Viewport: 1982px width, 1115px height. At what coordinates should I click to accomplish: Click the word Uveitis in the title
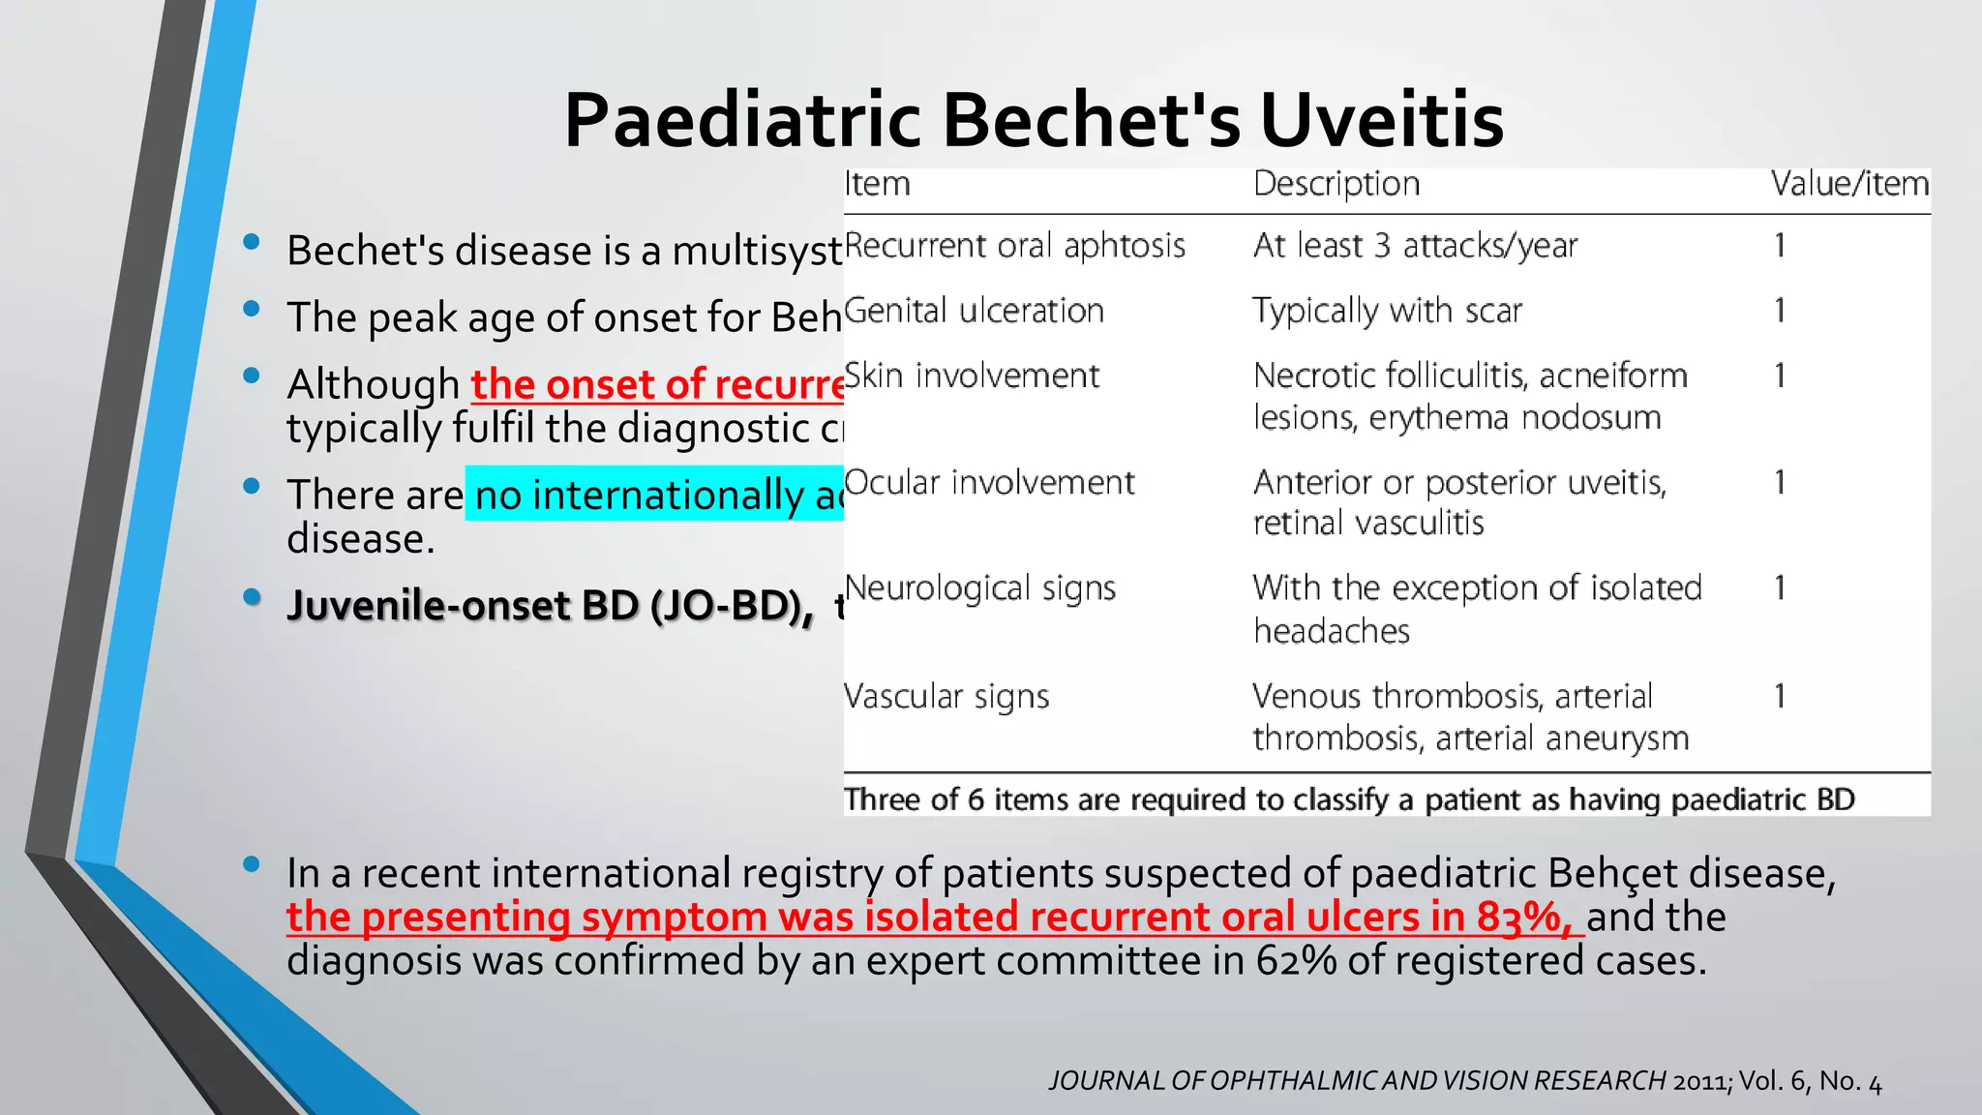1381,120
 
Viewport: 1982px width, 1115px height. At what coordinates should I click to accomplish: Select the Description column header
1336,184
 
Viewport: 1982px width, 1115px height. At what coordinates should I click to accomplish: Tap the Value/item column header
1849,184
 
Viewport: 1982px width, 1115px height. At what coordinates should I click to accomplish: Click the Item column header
877,184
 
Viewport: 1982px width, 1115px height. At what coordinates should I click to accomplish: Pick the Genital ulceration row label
974,311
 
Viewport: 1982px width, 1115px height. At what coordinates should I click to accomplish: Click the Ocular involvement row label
989,482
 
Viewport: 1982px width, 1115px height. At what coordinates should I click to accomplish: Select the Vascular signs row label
946,697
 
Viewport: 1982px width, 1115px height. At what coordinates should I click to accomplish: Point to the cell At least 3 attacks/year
1415,246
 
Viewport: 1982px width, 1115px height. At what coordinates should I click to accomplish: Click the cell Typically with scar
1387,311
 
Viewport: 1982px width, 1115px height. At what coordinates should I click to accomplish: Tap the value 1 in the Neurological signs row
1779,588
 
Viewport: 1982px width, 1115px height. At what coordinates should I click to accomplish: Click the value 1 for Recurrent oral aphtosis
1779,246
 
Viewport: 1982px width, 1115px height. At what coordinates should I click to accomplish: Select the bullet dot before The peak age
253,309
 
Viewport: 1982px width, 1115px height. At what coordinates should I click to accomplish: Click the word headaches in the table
1332,631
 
